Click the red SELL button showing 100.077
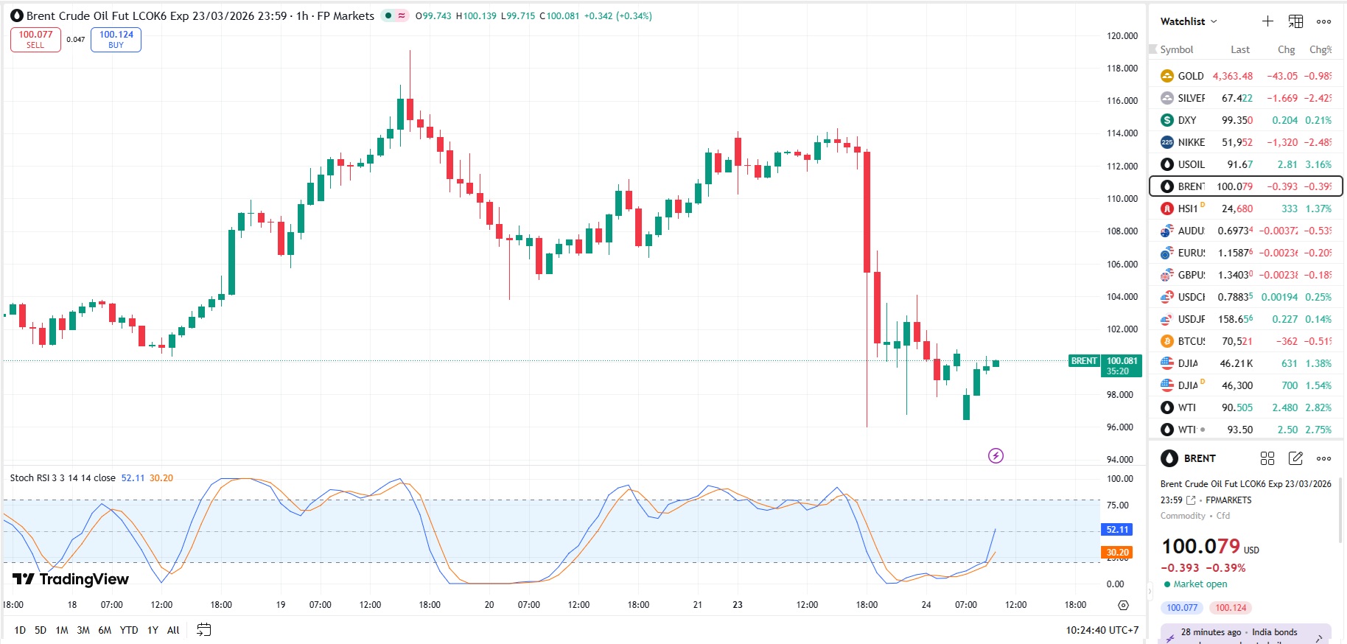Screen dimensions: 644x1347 pyautogui.click(x=35, y=40)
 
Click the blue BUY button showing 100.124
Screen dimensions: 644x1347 pyautogui.click(x=116, y=40)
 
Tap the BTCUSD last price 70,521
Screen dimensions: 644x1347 pyautogui.click(x=1236, y=341)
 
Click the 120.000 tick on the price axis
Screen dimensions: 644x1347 pyautogui.click(x=1122, y=35)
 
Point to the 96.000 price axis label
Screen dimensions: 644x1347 pyautogui.click(x=1120, y=427)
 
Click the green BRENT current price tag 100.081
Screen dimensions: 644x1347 pyautogui.click(x=1122, y=365)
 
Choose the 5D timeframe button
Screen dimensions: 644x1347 pyautogui.click(x=41, y=630)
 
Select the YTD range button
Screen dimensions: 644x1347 pyautogui.click(x=129, y=630)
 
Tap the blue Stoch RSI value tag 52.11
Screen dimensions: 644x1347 pyautogui.click(x=1117, y=530)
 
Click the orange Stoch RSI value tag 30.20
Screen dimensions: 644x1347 pyautogui.click(x=1117, y=552)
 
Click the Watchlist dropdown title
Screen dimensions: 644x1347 pyautogui.click(x=1188, y=21)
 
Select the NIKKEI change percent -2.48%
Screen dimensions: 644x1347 pyautogui.click(x=1318, y=142)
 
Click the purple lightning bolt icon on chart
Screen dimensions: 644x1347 pyautogui.click(x=996, y=455)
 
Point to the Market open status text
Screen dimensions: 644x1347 pyautogui.click(x=1200, y=584)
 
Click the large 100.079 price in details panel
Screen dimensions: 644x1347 pyautogui.click(x=1200, y=546)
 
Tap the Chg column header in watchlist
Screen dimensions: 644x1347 pyautogui.click(x=1286, y=49)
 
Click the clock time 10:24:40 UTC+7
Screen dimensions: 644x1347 pyautogui.click(x=1102, y=630)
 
